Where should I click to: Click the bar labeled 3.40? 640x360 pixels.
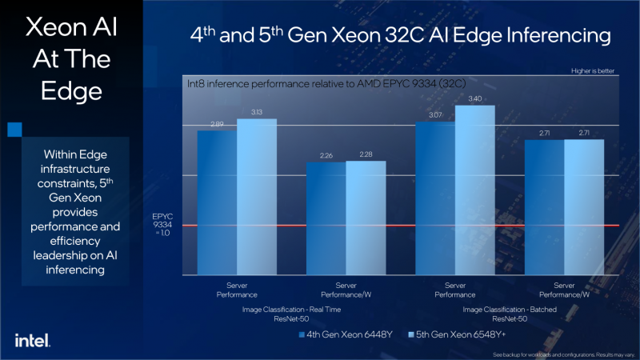pos(475,190)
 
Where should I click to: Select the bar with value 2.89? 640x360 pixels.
pos(217,202)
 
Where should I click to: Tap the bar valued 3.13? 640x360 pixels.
pos(256,197)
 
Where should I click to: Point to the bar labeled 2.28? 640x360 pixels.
pos(366,218)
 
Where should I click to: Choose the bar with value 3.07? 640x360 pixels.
pos(436,198)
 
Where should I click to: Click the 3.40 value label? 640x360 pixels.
pos(475,98)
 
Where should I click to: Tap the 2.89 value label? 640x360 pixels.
pos(217,125)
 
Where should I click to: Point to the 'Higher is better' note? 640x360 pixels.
pos(593,70)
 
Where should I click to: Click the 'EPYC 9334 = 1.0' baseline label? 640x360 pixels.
pos(163,225)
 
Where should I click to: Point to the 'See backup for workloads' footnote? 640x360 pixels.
pos(564,354)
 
